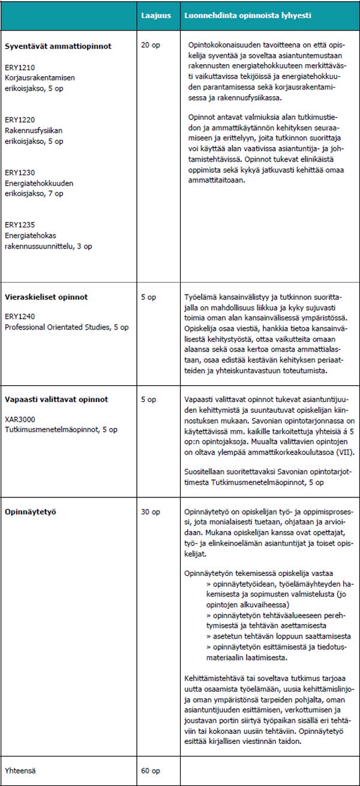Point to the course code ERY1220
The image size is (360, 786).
click(18, 120)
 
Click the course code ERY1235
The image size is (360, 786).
click(18, 224)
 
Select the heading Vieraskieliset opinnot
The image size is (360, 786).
click(46, 296)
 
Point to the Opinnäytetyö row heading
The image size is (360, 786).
click(28, 512)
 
